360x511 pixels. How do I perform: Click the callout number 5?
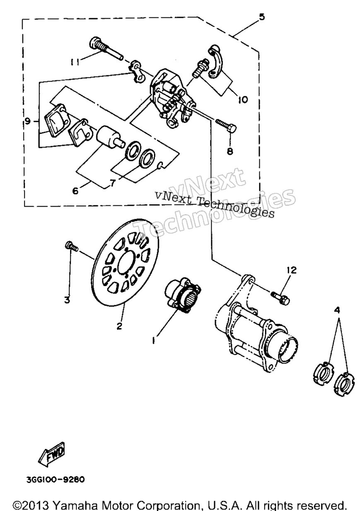tap(261, 17)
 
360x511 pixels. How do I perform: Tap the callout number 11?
tap(75, 62)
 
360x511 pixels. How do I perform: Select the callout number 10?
tap(242, 99)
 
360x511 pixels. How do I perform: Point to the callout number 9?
tap(28, 122)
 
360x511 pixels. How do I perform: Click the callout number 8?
tap(230, 151)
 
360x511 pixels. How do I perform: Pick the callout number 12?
tap(292, 270)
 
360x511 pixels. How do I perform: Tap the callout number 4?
tap(337, 310)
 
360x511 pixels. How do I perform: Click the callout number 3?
tap(67, 300)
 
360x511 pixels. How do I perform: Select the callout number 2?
tap(119, 326)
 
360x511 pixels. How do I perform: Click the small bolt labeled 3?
tap(71, 246)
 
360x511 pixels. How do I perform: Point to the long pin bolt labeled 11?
tap(105, 48)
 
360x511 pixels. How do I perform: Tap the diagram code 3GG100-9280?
tap(56, 480)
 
